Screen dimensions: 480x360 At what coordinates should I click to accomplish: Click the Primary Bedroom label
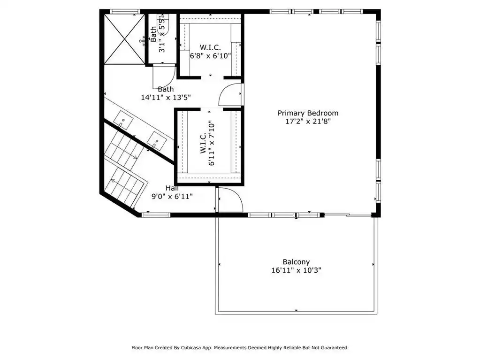[x=308, y=113]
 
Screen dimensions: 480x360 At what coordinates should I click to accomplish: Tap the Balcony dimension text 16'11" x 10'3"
[x=296, y=270]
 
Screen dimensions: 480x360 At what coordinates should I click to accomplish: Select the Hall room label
[x=172, y=188]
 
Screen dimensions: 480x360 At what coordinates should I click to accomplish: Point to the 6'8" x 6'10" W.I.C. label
[x=210, y=52]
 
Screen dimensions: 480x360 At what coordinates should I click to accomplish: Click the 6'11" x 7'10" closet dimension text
[x=212, y=143]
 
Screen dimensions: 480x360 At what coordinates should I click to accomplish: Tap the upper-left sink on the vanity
[x=123, y=120]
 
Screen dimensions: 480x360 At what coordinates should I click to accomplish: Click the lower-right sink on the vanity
[x=157, y=141]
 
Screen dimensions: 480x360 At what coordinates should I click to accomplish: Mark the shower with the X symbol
[x=124, y=39]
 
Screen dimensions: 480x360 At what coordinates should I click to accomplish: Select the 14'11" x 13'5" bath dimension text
[x=166, y=98]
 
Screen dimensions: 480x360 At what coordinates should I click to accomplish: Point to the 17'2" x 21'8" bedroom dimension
[x=308, y=121]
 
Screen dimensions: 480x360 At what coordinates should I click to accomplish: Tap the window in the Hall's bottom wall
[x=156, y=215]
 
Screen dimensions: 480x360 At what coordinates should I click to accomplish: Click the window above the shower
[x=125, y=12]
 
